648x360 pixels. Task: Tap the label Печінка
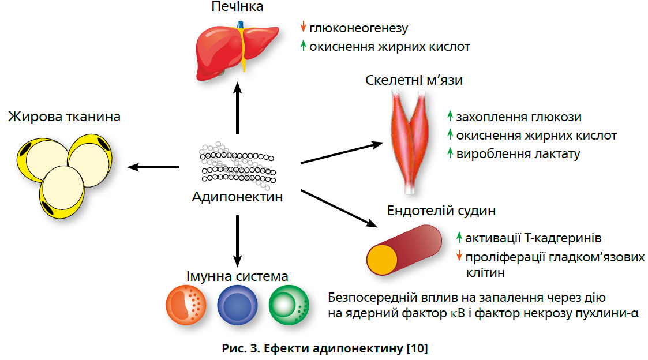(x=237, y=7)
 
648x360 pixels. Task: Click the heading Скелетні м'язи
(x=414, y=80)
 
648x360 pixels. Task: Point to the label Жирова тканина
(x=64, y=117)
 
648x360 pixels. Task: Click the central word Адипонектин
(x=238, y=197)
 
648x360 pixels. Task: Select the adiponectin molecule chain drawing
(x=237, y=164)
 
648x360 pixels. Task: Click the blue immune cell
(x=237, y=302)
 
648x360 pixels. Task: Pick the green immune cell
(x=289, y=302)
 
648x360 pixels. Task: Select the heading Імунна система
(x=237, y=276)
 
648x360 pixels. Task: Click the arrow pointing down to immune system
(x=237, y=239)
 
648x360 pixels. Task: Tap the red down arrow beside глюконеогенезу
(x=303, y=27)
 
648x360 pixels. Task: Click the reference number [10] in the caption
(x=417, y=348)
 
